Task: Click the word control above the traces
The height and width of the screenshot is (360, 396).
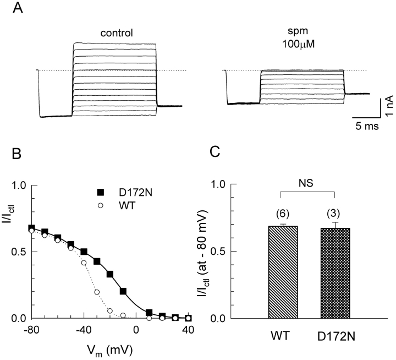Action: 117,32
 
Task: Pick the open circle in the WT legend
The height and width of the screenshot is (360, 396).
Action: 101,205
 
